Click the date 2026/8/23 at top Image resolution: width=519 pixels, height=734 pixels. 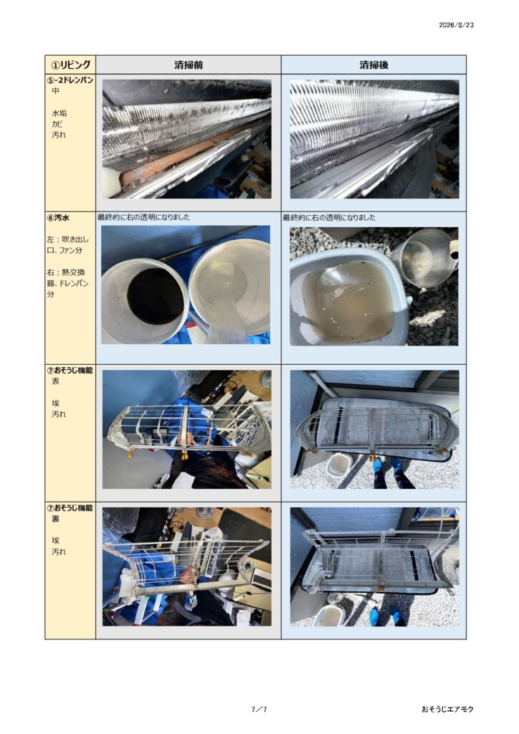coord(456,25)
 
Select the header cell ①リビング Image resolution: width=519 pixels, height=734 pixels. coord(70,65)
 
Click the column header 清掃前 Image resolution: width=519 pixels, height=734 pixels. coord(188,65)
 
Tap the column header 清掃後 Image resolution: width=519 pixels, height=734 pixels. coord(373,65)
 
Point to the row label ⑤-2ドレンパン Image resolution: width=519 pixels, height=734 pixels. coord(70,80)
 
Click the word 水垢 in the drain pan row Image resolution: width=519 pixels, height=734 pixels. coord(59,113)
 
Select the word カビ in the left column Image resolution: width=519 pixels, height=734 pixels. coord(57,124)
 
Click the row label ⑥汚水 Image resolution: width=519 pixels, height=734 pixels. coord(58,218)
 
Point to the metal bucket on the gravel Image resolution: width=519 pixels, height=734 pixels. coord(424,257)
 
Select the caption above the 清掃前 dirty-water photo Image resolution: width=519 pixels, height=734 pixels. coord(143,218)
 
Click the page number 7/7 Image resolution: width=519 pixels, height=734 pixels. coord(259,709)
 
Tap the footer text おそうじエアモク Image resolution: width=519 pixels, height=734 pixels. coord(447,709)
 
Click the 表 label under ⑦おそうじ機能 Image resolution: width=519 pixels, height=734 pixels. coord(56,381)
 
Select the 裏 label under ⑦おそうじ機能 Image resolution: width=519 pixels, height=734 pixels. coord(56,519)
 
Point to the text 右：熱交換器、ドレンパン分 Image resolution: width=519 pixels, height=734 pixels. coord(67,283)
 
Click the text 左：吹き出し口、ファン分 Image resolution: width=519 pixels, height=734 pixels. coord(67,245)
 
